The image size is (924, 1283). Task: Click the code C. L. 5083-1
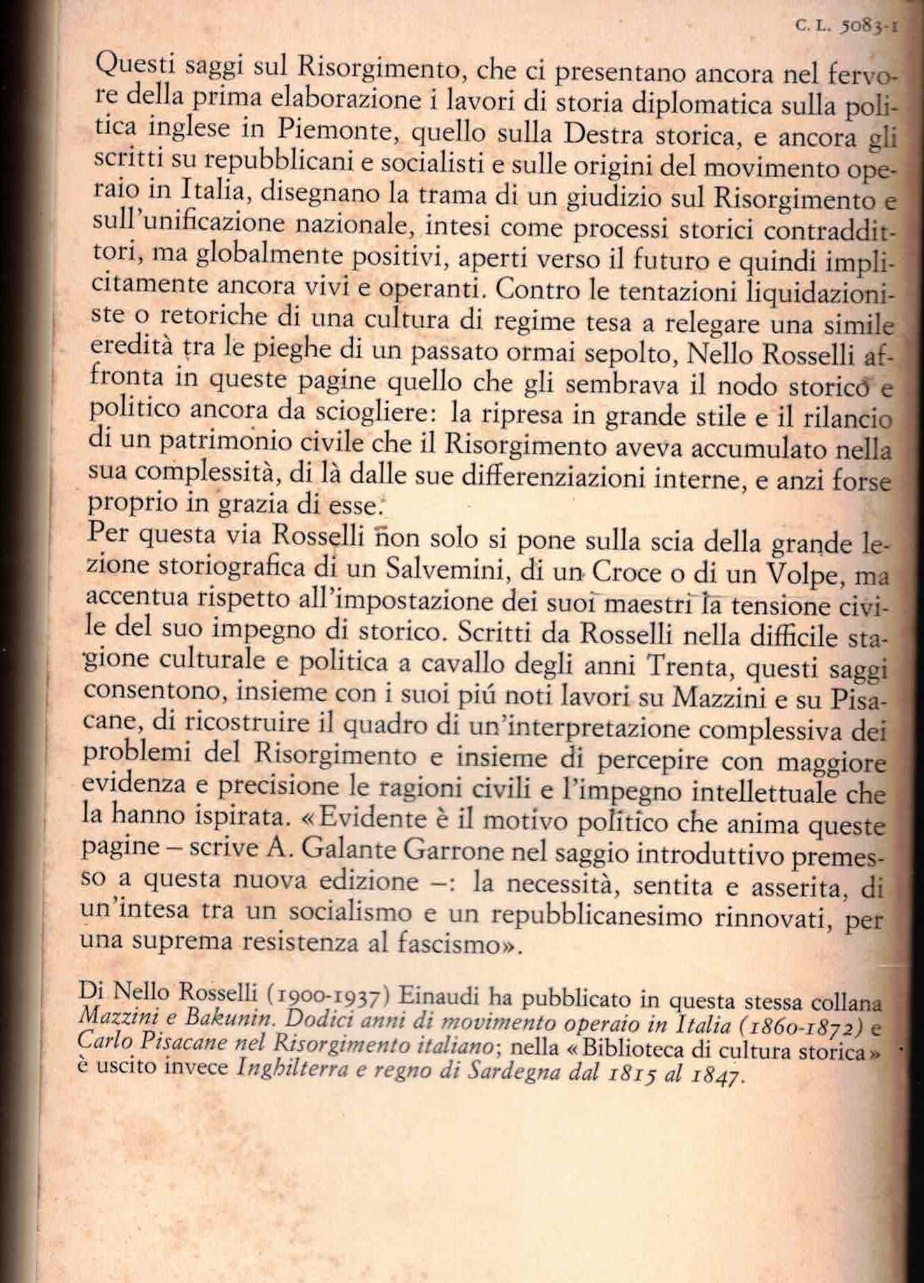[846, 27]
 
